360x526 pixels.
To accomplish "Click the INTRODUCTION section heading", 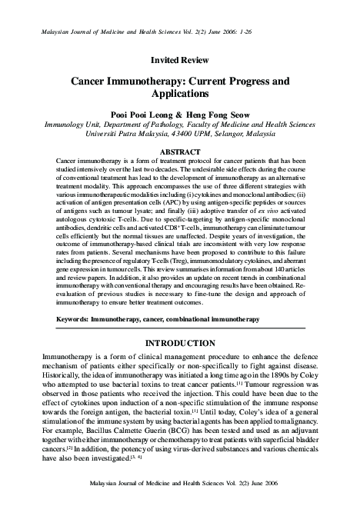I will (x=180, y=342).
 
